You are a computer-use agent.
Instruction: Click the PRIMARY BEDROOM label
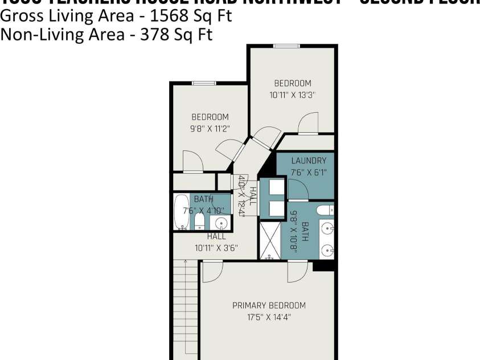[269, 305]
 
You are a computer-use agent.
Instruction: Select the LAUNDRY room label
[309, 161]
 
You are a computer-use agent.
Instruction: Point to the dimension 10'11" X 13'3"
[293, 95]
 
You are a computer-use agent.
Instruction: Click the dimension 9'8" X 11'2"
[210, 128]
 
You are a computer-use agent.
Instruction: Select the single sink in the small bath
[221, 223]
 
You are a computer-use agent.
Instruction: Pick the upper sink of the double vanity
[326, 229]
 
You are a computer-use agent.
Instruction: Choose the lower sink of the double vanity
[326, 250]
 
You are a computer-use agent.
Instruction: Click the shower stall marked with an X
[270, 240]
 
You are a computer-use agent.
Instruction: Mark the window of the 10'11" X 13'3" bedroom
[286, 46]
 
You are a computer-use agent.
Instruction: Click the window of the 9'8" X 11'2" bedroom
[203, 83]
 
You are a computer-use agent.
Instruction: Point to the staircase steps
[185, 308]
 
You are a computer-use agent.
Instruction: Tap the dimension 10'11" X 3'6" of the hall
[216, 248]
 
